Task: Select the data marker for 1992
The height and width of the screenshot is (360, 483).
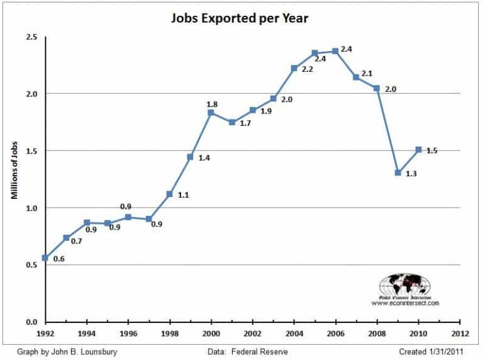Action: (x=45, y=258)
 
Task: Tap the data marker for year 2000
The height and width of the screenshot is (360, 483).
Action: (x=211, y=113)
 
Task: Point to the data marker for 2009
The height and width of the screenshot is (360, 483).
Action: (x=398, y=172)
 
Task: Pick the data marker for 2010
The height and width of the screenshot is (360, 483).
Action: (x=419, y=150)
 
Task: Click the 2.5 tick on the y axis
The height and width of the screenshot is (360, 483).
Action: (x=31, y=37)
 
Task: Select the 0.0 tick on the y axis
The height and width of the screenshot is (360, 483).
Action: (x=31, y=322)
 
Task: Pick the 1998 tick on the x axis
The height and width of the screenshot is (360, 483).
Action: (x=169, y=334)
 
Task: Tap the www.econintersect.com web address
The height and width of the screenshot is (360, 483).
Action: (x=405, y=303)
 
